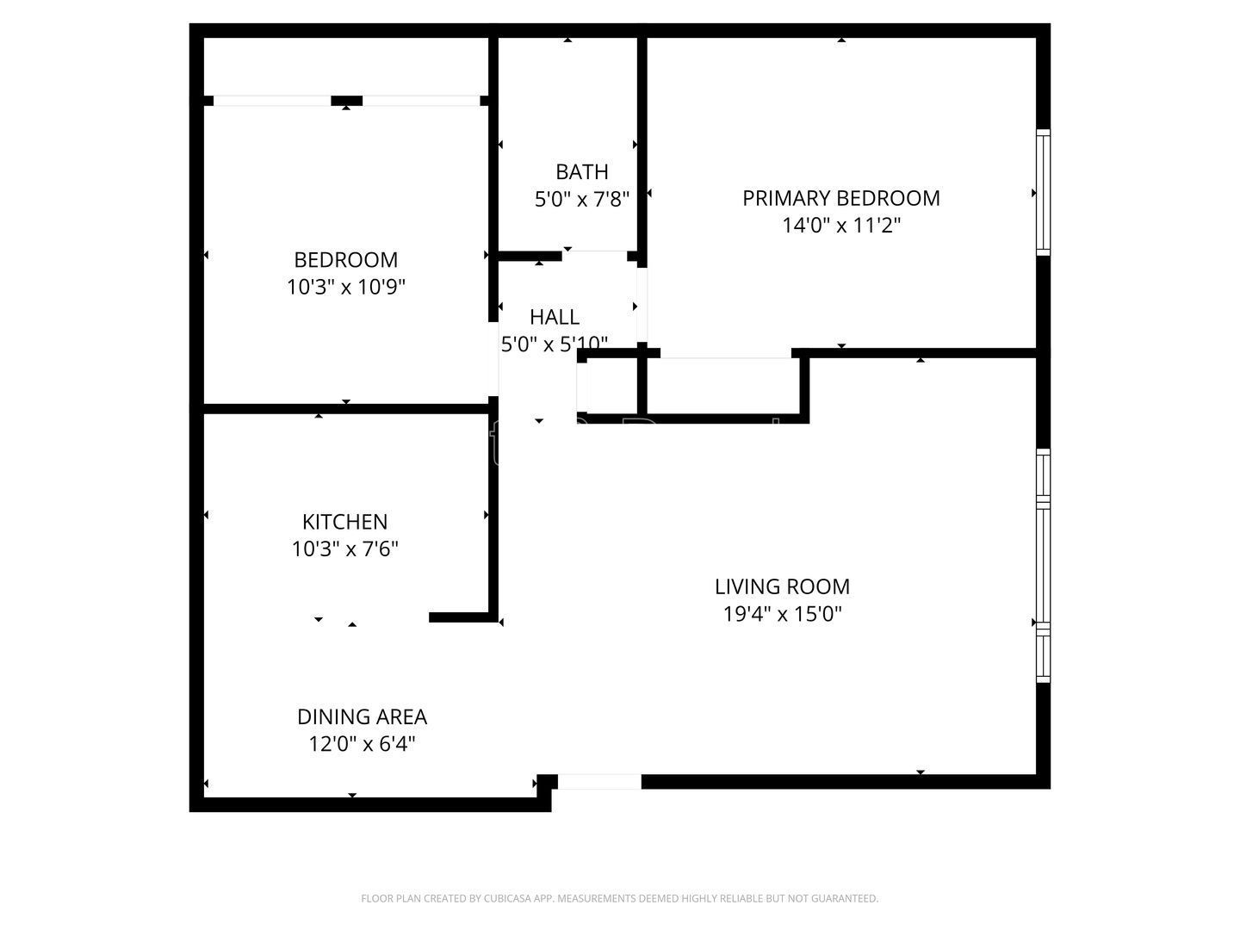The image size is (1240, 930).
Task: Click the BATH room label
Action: (582, 171)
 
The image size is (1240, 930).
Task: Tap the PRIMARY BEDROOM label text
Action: (841, 198)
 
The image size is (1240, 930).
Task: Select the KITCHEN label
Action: (344, 522)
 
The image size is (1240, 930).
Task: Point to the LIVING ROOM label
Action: (783, 586)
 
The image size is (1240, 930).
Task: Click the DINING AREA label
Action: (363, 717)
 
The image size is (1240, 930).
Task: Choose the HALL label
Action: (555, 318)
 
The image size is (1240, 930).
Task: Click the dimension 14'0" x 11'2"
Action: (841, 226)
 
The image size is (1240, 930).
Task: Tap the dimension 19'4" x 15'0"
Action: (783, 614)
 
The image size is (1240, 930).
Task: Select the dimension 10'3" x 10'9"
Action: (346, 287)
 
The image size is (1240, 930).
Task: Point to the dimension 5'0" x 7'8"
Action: (582, 199)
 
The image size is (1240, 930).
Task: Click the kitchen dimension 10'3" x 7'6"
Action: (344, 549)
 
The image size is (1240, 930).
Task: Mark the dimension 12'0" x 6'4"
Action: (363, 744)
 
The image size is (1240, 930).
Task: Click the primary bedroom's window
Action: (1043, 193)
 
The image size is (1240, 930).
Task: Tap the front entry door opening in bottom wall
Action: (599, 782)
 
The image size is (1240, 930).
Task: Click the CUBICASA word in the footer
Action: (508, 898)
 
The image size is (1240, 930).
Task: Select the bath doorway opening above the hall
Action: (594, 256)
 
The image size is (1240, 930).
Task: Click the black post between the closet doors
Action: (346, 101)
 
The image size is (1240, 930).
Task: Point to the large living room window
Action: (1043, 565)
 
